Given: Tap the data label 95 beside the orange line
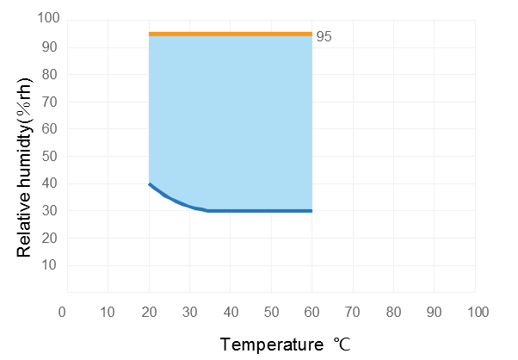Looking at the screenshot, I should point(324,37).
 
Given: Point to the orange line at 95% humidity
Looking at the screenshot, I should point(231,34).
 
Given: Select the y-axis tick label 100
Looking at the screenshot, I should point(47,19).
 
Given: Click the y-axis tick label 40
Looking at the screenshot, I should point(50,183).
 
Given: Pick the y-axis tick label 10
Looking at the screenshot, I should point(50,265).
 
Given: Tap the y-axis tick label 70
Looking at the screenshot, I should point(50,102).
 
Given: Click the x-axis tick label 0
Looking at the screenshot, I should point(62,310).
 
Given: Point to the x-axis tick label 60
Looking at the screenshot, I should point(312,310).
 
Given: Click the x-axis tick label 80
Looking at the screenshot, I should point(394,310).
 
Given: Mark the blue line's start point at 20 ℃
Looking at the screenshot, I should point(150,184).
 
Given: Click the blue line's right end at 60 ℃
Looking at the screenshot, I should point(311,210).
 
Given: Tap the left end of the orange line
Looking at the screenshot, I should point(151,34).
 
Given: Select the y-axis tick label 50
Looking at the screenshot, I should point(50,156).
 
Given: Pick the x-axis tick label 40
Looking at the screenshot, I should point(230,310).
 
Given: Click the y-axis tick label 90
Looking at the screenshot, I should point(50,47).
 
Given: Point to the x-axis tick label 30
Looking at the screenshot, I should point(189,310).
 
